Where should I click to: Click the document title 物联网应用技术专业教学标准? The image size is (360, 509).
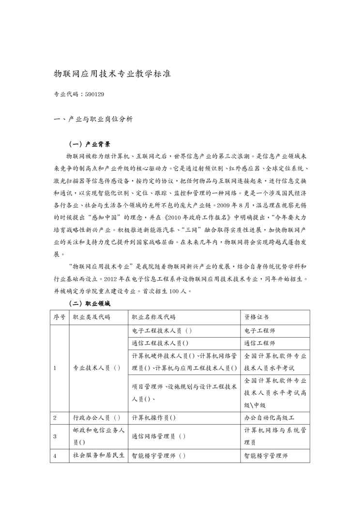click(x=112, y=75)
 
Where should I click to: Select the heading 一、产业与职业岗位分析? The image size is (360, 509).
click(x=93, y=119)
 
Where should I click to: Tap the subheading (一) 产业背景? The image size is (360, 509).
click(x=90, y=144)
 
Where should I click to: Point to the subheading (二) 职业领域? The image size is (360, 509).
click(x=90, y=304)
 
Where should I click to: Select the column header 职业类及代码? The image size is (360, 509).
click(x=91, y=317)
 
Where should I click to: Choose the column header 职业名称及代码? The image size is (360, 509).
click(x=153, y=317)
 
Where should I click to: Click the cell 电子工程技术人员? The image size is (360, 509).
click(x=162, y=331)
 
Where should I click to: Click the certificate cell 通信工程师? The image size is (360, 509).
click(x=260, y=344)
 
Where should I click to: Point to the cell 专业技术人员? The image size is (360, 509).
click(x=96, y=368)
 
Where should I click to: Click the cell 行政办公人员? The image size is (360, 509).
click(x=96, y=417)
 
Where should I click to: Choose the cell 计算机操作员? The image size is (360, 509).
click(x=153, y=417)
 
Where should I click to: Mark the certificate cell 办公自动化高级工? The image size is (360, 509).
click(x=270, y=417)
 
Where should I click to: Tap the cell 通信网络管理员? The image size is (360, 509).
click(x=159, y=436)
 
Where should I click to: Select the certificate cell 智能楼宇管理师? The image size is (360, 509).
click(x=266, y=455)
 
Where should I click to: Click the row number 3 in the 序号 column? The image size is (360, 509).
click(x=55, y=436)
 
